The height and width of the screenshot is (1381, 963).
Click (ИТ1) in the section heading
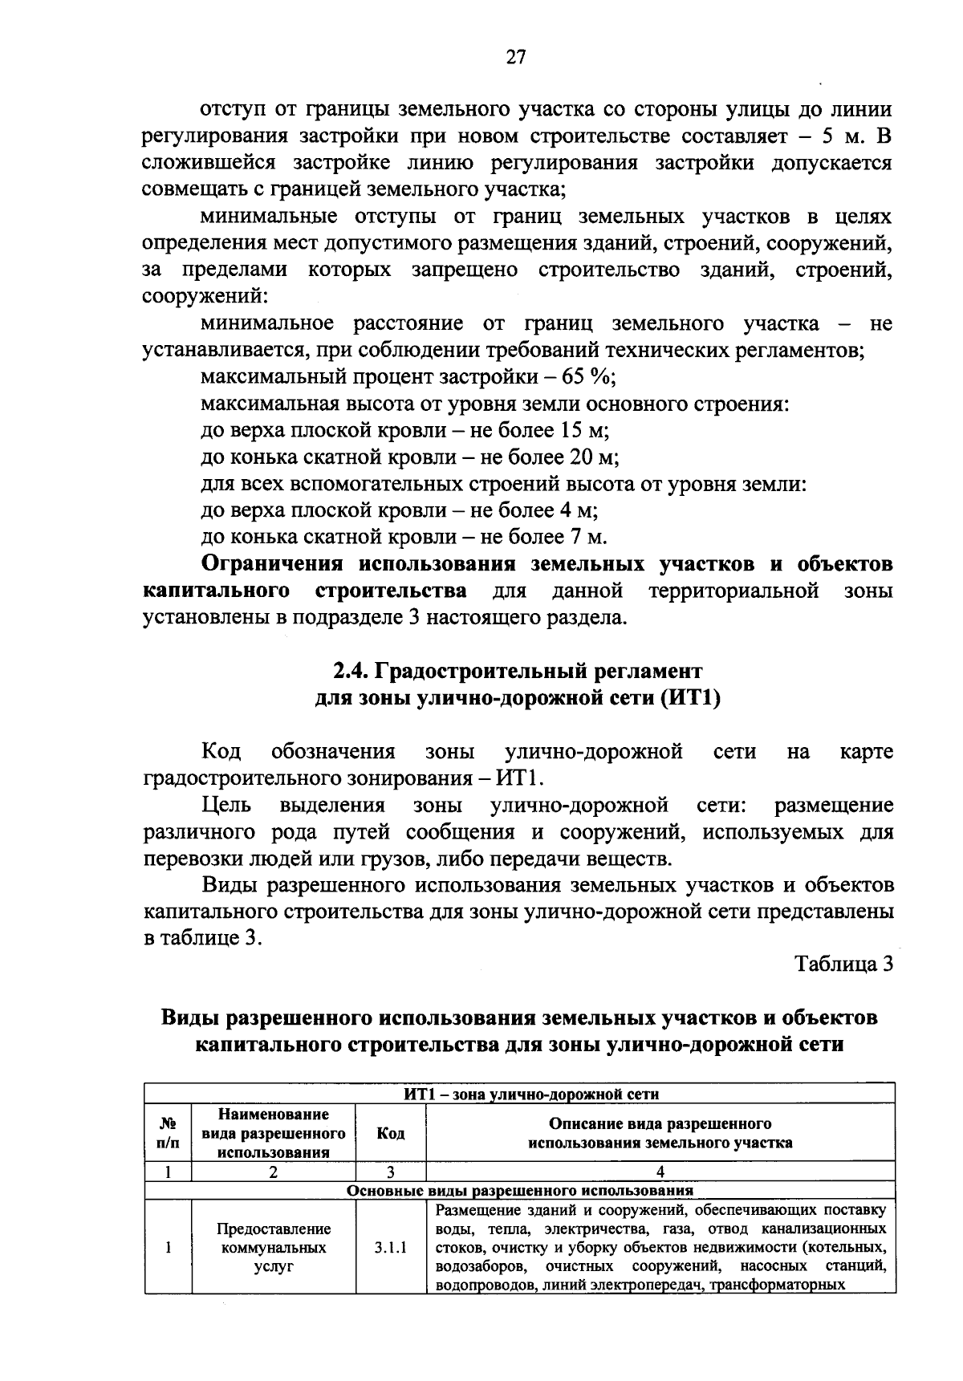691,698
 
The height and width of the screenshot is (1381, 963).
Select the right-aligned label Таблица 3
843,964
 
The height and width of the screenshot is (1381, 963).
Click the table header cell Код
390,1133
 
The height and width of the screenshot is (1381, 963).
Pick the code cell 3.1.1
390,1248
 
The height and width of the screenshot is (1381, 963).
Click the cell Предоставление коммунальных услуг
273,1248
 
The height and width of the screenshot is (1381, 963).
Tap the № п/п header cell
168,1133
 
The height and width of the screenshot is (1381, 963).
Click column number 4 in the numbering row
660,1172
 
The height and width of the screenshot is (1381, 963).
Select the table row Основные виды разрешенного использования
518,1191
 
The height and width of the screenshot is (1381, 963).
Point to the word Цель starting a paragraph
226,805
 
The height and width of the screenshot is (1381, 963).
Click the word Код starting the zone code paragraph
221,752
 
